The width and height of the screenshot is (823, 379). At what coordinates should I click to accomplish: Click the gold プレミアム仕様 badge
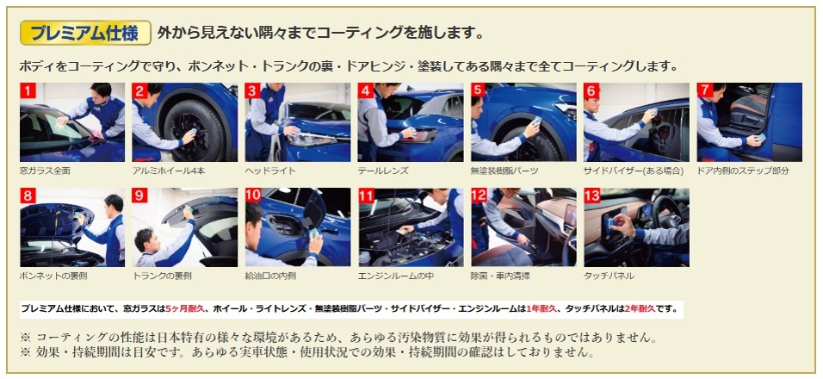pos(85,33)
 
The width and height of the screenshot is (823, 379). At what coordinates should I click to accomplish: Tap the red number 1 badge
pos(28,90)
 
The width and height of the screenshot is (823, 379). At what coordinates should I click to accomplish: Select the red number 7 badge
pos(705,90)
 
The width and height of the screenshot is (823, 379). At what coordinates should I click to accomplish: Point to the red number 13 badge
pos(592,196)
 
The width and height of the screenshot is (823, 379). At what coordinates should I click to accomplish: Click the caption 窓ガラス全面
pos(45,171)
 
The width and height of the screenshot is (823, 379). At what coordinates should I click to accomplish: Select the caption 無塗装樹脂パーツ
pos(504,171)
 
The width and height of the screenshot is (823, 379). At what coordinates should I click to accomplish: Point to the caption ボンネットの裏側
pos(53,276)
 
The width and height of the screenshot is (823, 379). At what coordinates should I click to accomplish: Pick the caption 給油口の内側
pos(270,276)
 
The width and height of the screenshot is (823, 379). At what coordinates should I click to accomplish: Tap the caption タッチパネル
pos(610,276)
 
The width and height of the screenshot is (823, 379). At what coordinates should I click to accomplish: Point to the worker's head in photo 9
pos(145,239)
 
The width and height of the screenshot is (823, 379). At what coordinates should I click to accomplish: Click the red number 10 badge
pos(253,196)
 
